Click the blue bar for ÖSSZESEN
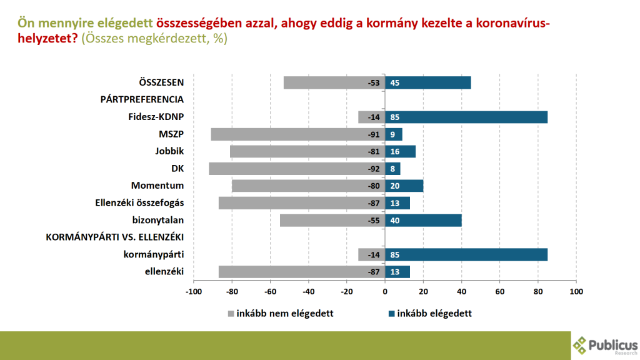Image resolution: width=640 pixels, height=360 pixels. [428, 82]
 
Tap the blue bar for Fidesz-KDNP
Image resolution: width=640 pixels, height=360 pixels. [466, 117]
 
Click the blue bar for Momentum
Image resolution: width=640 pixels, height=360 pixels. [404, 186]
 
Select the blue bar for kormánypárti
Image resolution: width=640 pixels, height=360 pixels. [466, 254]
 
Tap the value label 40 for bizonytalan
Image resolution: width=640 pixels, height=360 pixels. [395, 220]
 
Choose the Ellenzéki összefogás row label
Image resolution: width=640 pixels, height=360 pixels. [139, 203]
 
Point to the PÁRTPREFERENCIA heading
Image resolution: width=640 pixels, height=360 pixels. [142, 99]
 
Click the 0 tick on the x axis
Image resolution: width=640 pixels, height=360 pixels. [385, 291]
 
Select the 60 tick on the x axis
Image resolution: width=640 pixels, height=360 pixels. [500, 291]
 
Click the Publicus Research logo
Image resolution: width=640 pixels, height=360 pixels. [605, 344]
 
